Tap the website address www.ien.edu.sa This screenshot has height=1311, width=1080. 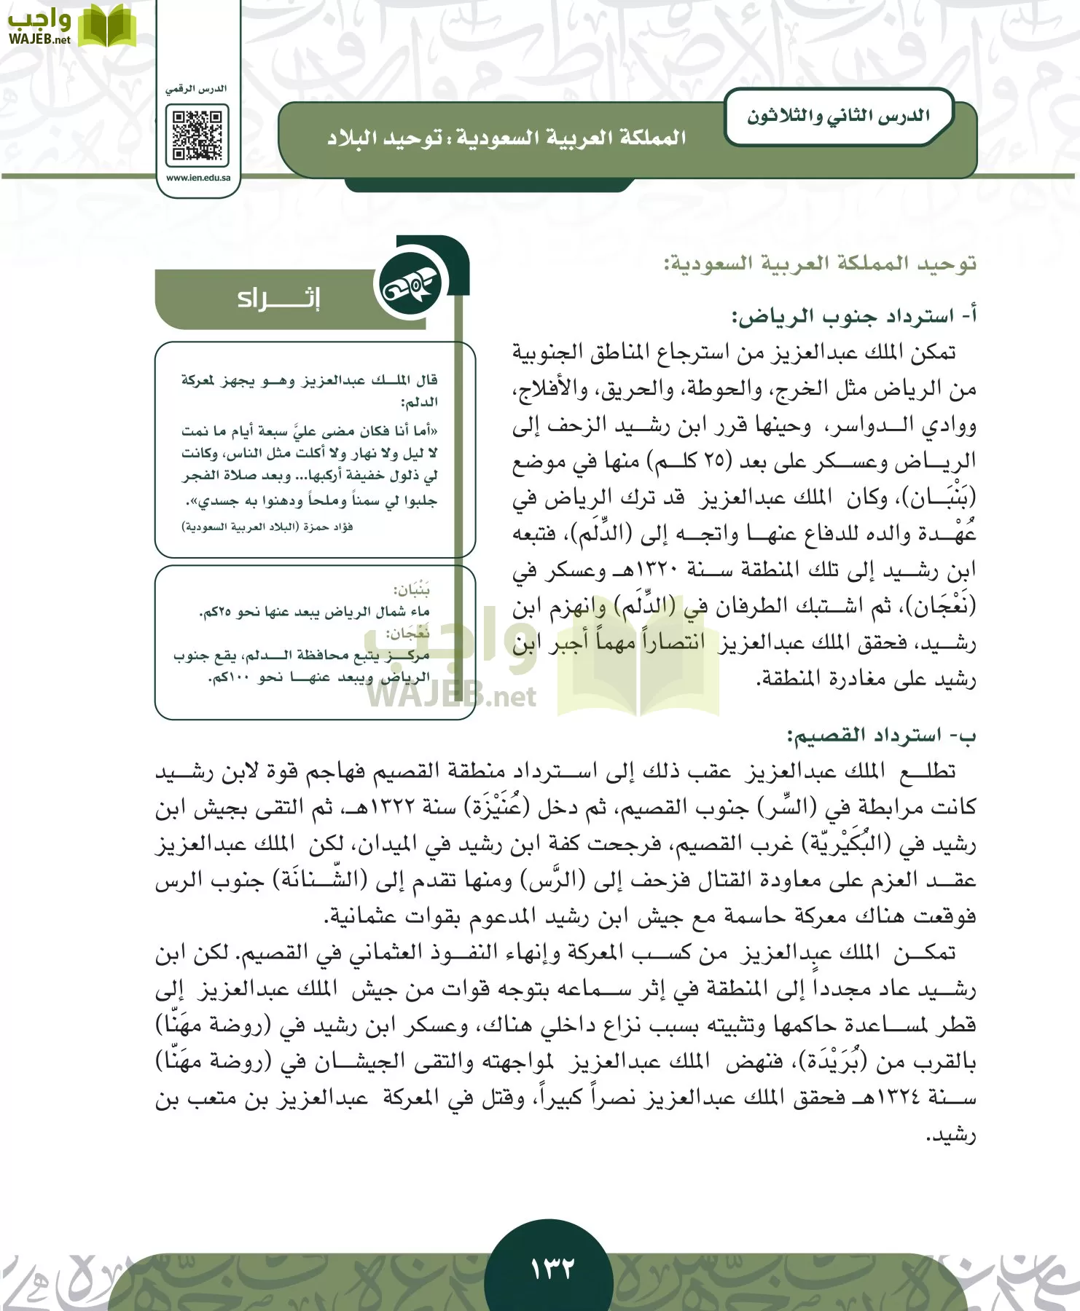point(197,178)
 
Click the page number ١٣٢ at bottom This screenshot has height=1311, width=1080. point(552,1268)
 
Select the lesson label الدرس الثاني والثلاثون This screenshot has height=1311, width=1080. point(838,117)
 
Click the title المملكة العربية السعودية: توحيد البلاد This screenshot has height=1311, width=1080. point(506,138)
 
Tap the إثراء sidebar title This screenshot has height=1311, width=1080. point(278,299)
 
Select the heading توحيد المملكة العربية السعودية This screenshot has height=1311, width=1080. point(820,263)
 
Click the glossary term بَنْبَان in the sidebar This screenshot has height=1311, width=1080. point(412,588)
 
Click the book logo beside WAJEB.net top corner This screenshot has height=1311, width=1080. point(107,26)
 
